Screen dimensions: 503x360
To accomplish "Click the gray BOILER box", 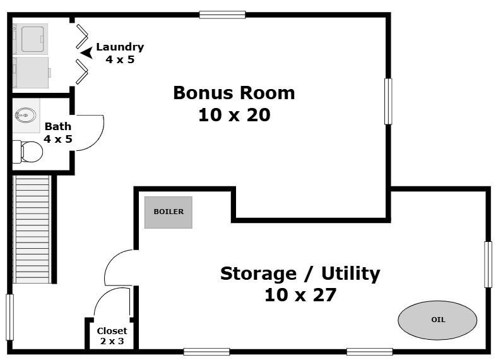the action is (168, 212).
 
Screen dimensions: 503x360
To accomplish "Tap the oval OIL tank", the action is (437, 320).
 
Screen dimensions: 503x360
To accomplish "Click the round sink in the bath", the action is (26, 115).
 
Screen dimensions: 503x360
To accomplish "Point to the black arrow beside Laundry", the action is (86, 53).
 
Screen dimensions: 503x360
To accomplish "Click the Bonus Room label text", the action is (234, 93).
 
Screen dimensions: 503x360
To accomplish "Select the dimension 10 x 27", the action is (300, 295).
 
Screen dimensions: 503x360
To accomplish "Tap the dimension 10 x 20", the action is (234, 115).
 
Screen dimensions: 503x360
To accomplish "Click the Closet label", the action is (112, 331).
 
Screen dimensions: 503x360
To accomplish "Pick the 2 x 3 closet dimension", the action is (112, 341).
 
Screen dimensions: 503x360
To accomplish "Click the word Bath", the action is (57, 126).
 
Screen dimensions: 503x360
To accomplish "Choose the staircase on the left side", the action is (32, 229).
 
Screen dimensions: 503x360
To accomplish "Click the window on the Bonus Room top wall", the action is (222, 15).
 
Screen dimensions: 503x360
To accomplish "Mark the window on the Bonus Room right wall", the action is (388, 101).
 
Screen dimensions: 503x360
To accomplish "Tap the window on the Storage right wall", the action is (488, 264).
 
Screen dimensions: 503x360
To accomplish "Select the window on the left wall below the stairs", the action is (10, 317).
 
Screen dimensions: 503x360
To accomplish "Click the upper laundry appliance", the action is (30, 39).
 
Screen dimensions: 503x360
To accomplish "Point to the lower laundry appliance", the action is (31, 73).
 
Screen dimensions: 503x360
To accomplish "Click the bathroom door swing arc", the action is (96, 133).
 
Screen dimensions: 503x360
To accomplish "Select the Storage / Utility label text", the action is (300, 274).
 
